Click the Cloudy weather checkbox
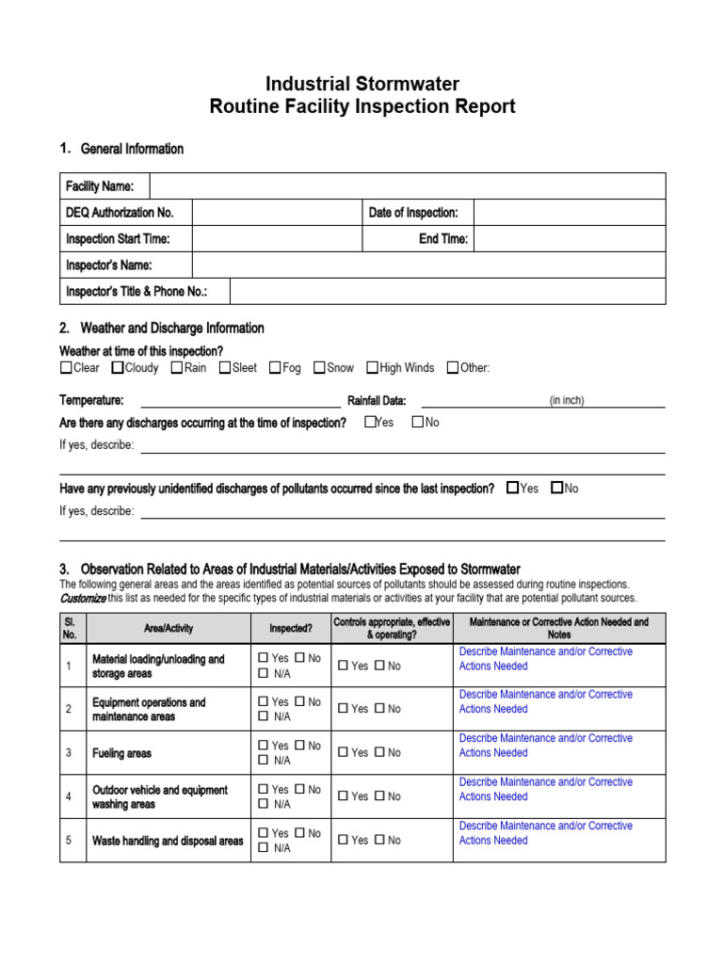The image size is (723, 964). point(118,368)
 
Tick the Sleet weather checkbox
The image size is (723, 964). point(225,368)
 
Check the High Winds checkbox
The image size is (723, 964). point(372,368)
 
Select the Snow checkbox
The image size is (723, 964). point(319,368)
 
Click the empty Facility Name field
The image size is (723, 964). point(407,186)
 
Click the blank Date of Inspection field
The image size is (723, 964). point(569,213)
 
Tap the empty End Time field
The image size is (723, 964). point(569,239)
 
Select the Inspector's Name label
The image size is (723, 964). point(109,265)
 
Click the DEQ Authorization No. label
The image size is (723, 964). point(120,213)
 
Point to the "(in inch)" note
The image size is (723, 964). point(567,400)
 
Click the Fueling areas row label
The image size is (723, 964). point(121,753)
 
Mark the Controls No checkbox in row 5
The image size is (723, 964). point(379,840)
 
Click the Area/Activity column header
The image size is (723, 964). point(168,628)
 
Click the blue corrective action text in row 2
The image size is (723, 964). point(545,701)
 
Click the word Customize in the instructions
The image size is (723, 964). point(83,598)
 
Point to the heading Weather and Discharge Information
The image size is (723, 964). point(172,329)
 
